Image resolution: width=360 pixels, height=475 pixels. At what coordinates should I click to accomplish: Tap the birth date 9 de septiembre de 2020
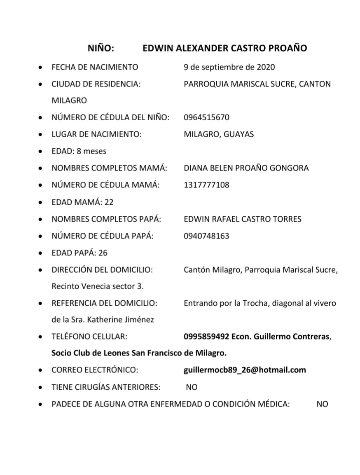(x=229, y=67)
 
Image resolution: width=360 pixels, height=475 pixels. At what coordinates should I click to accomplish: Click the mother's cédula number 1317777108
(x=206, y=185)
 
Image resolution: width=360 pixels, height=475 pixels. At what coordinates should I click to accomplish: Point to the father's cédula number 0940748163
(x=206, y=236)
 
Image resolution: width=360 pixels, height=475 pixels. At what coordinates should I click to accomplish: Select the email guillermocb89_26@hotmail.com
(x=245, y=370)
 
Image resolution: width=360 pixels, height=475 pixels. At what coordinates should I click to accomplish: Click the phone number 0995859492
(x=206, y=337)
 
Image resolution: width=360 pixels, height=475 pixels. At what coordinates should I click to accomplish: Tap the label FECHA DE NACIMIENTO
(x=95, y=67)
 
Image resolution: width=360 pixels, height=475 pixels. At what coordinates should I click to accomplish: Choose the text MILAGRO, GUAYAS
(x=219, y=134)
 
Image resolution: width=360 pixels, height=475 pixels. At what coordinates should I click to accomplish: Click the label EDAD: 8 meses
(x=79, y=151)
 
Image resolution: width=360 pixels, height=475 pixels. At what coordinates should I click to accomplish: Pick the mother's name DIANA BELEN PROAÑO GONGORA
(x=246, y=168)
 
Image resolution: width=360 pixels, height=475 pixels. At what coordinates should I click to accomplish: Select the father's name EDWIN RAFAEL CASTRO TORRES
(x=242, y=219)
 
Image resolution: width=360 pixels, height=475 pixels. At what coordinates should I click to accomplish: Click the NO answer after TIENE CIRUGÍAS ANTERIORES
(x=192, y=387)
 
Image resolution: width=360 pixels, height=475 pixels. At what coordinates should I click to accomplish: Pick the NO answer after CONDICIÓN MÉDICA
(x=322, y=404)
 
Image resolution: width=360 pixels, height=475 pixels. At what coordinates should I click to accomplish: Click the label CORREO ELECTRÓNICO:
(x=94, y=370)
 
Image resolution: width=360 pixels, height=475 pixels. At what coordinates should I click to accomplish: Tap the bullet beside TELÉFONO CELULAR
(x=40, y=337)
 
